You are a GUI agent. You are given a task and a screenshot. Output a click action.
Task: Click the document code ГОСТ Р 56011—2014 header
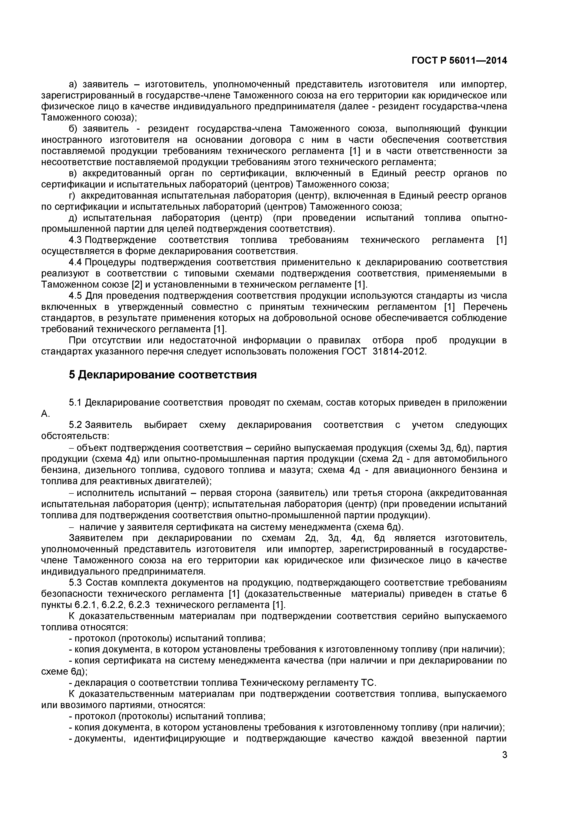tap(459, 61)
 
